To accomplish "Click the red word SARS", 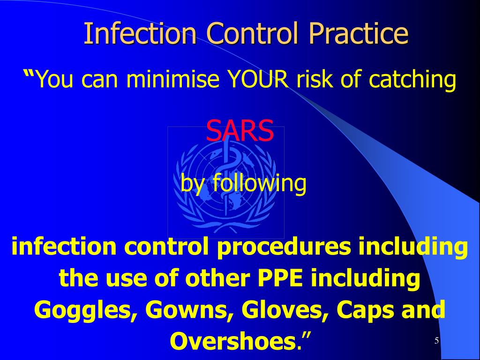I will tap(240, 131).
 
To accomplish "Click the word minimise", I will tap(172, 80).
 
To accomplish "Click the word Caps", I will tap(361, 311).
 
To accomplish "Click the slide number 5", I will tap(436, 341).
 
